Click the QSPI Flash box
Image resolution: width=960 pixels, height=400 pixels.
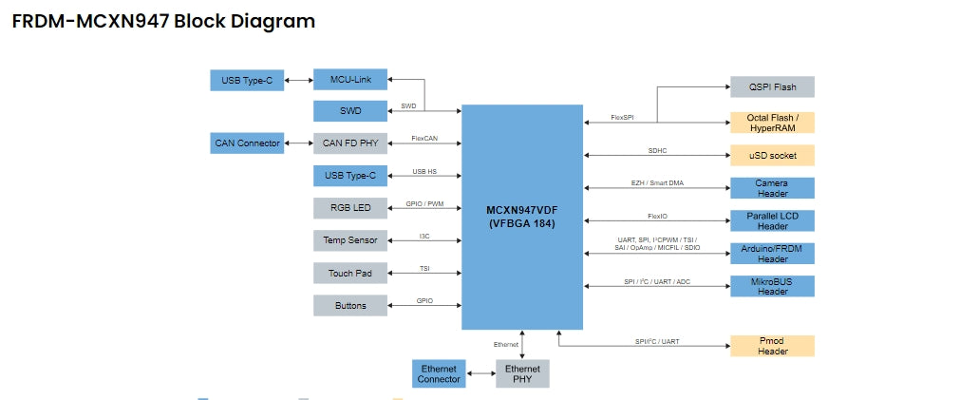[x=771, y=86]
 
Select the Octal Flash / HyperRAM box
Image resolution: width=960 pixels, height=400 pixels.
[x=771, y=123]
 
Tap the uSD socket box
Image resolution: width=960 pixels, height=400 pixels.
[x=771, y=155]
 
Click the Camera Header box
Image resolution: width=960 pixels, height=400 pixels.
[x=771, y=187]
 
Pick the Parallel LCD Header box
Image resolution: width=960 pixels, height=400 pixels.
[x=771, y=220]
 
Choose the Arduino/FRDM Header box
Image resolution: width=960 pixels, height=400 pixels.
[x=771, y=253]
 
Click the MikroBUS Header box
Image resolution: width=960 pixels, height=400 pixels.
[x=771, y=286]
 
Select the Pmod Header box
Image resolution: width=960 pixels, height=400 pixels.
[x=771, y=346]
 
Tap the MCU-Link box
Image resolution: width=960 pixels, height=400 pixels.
[x=349, y=80]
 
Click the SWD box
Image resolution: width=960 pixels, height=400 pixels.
[x=349, y=111]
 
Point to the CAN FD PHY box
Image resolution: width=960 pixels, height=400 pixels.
[x=349, y=143]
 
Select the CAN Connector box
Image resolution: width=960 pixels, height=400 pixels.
[x=247, y=143]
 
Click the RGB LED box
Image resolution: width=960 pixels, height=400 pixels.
[x=349, y=207]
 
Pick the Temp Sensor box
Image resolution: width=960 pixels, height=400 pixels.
[x=349, y=240]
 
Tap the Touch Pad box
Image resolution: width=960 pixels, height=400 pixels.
[x=349, y=273]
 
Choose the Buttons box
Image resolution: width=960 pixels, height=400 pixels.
[x=349, y=306]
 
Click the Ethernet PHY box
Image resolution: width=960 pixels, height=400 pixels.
[x=521, y=373]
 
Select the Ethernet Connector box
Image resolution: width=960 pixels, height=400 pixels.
[x=439, y=373]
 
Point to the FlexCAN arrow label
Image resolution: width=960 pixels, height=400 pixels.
[x=424, y=138]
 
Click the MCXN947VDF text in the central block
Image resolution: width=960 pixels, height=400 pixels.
[x=521, y=209]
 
